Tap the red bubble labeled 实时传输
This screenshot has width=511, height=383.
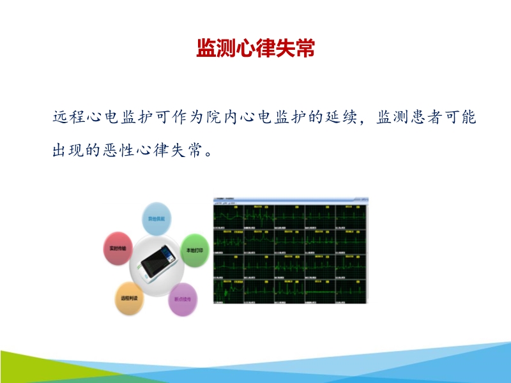click(x=118, y=248)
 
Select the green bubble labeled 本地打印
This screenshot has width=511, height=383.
click(x=194, y=251)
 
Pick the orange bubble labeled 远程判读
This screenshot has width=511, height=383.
click(x=128, y=298)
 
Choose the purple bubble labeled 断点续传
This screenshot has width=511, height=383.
click(x=183, y=299)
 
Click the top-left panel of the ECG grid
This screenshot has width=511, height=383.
click(x=228, y=218)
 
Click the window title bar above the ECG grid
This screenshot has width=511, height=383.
click(x=291, y=200)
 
